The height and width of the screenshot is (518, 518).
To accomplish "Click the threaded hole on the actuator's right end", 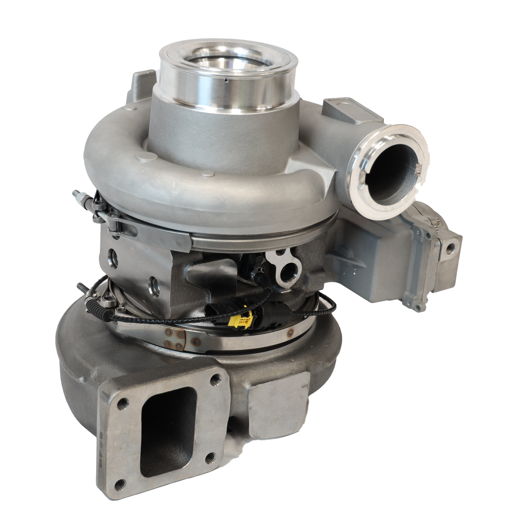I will [x=449, y=250].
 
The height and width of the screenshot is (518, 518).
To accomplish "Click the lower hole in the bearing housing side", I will [x=155, y=285].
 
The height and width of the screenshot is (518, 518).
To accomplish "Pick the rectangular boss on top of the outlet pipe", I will [x=346, y=109].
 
